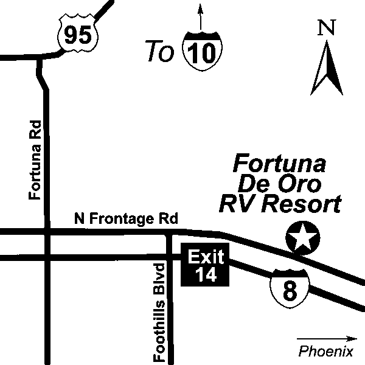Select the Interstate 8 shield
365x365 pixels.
point(290,288)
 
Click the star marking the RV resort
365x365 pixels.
point(302,237)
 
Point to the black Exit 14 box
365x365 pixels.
point(206,266)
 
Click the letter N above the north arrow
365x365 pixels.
point(327,28)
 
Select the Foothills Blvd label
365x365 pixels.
point(160,312)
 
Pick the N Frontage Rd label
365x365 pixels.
point(125,219)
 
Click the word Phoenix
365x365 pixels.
point(326,351)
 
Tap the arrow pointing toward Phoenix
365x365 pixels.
point(327,338)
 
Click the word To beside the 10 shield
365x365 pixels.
point(159,52)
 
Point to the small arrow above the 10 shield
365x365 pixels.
point(201,15)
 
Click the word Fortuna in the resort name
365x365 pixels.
point(280,164)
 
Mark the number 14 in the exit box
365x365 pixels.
point(206,275)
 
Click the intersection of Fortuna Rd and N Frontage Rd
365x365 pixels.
point(46,232)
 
